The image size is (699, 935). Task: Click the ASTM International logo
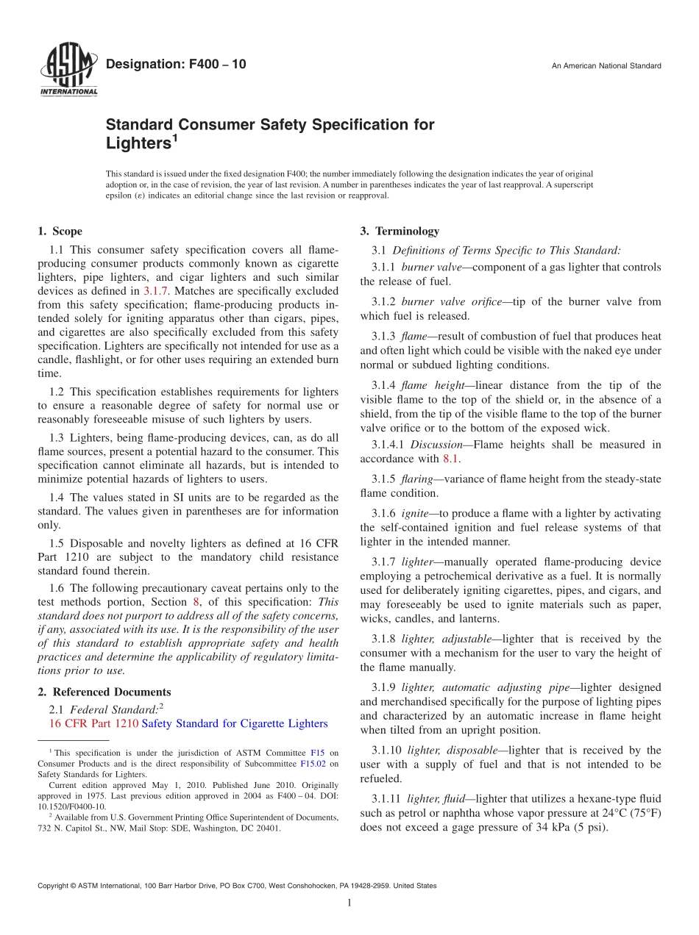(68, 70)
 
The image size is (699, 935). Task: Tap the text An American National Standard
(606, 66)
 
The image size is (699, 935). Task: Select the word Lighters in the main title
(138, 143)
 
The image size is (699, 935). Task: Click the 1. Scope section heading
(60, 231)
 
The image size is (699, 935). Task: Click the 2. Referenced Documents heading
(104, 692)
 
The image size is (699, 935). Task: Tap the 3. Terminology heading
(400, 231)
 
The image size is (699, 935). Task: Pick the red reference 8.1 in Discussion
(450, 459)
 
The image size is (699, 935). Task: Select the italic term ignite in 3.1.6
(416, 513)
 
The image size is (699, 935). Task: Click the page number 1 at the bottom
(349, 903)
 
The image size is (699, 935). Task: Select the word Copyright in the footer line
(57, 886)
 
